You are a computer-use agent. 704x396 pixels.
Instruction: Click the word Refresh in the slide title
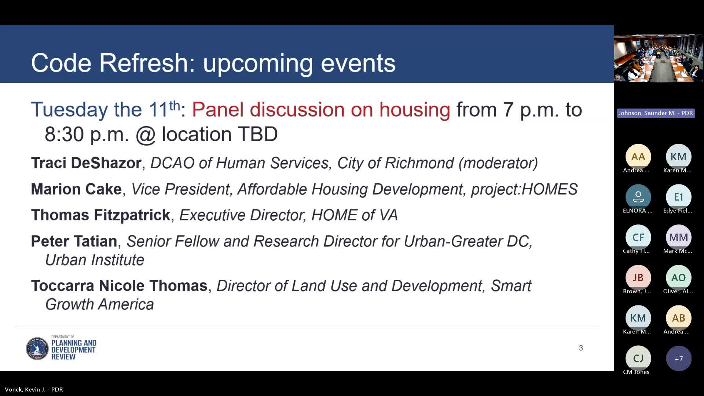(x=144, y=63)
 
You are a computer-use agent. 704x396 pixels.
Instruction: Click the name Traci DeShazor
(x=86, y=163)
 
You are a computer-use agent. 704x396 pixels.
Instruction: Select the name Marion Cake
(x=76, y=189)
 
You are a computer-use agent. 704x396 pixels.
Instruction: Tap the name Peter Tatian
(x=74, y=241)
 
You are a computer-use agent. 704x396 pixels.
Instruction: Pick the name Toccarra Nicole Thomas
(x=119, y=286)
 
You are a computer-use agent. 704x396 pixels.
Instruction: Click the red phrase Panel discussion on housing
(x=321, y=110)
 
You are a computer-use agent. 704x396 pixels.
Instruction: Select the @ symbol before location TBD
(x=146, y=134)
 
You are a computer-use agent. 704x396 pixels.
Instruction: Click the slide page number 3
(x=581, y=348)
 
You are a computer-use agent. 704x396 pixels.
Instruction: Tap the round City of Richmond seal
(x=37, y=348)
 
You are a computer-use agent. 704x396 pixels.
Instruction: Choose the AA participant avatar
(x=638, y=157)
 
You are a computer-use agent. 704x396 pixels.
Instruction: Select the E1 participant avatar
(x=678, y=197)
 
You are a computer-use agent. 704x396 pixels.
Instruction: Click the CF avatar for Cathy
(x=638, y=237)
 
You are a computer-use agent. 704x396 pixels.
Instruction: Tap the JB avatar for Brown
(x=638, y=278)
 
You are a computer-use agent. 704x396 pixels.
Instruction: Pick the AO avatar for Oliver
(x=678, y=278)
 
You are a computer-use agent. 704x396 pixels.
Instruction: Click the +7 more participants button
(x=679, y=359)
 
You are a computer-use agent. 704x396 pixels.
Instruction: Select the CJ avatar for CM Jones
(x=638, y=358)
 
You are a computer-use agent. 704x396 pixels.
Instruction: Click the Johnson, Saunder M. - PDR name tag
(x=656, y=113)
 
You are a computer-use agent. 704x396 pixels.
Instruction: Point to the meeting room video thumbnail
(x=659, y=59)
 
